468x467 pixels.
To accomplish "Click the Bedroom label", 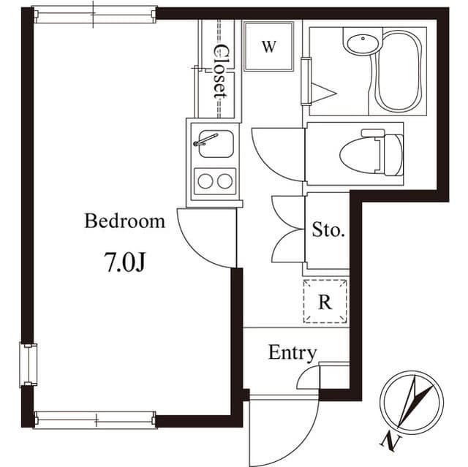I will [x=125, y=221].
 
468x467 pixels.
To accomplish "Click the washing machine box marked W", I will [x=268, y=47].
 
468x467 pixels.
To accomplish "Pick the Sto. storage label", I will [x=328, y=231].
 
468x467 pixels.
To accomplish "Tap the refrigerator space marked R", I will [x=325, y=300].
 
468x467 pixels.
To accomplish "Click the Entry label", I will [x=292, y=353].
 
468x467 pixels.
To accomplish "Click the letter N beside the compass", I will [x=387, y=441].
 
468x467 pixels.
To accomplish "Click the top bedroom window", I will [x=94, y=13].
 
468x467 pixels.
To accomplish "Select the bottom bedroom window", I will [x=94, y=420].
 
